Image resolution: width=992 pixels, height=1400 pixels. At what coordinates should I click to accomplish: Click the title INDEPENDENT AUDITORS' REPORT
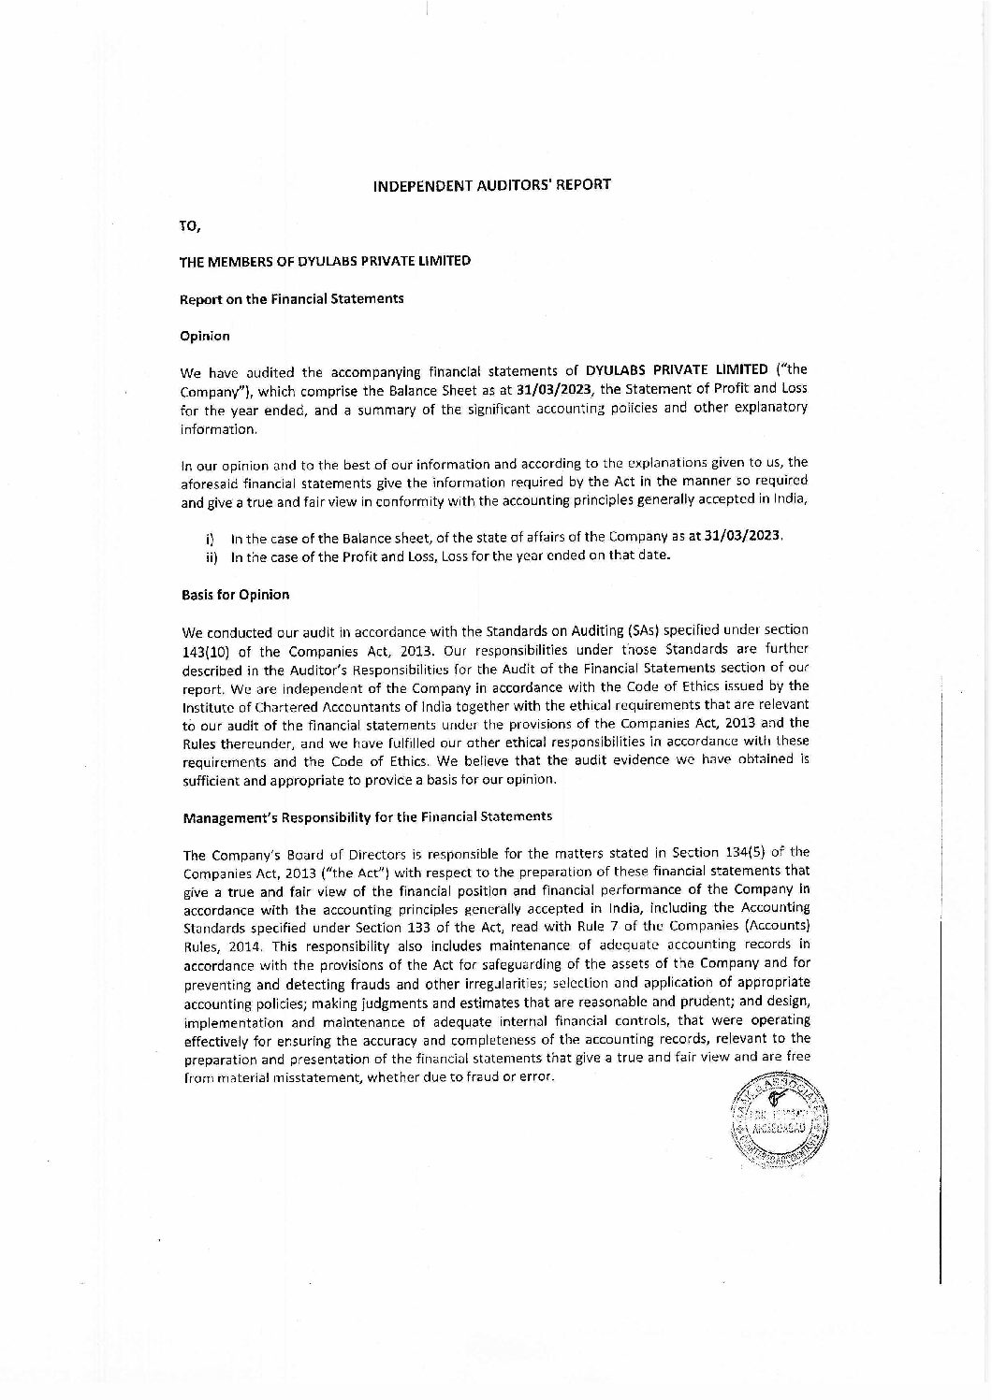(491, 184)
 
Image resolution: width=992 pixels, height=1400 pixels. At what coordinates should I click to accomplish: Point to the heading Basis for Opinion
(235, 594)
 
